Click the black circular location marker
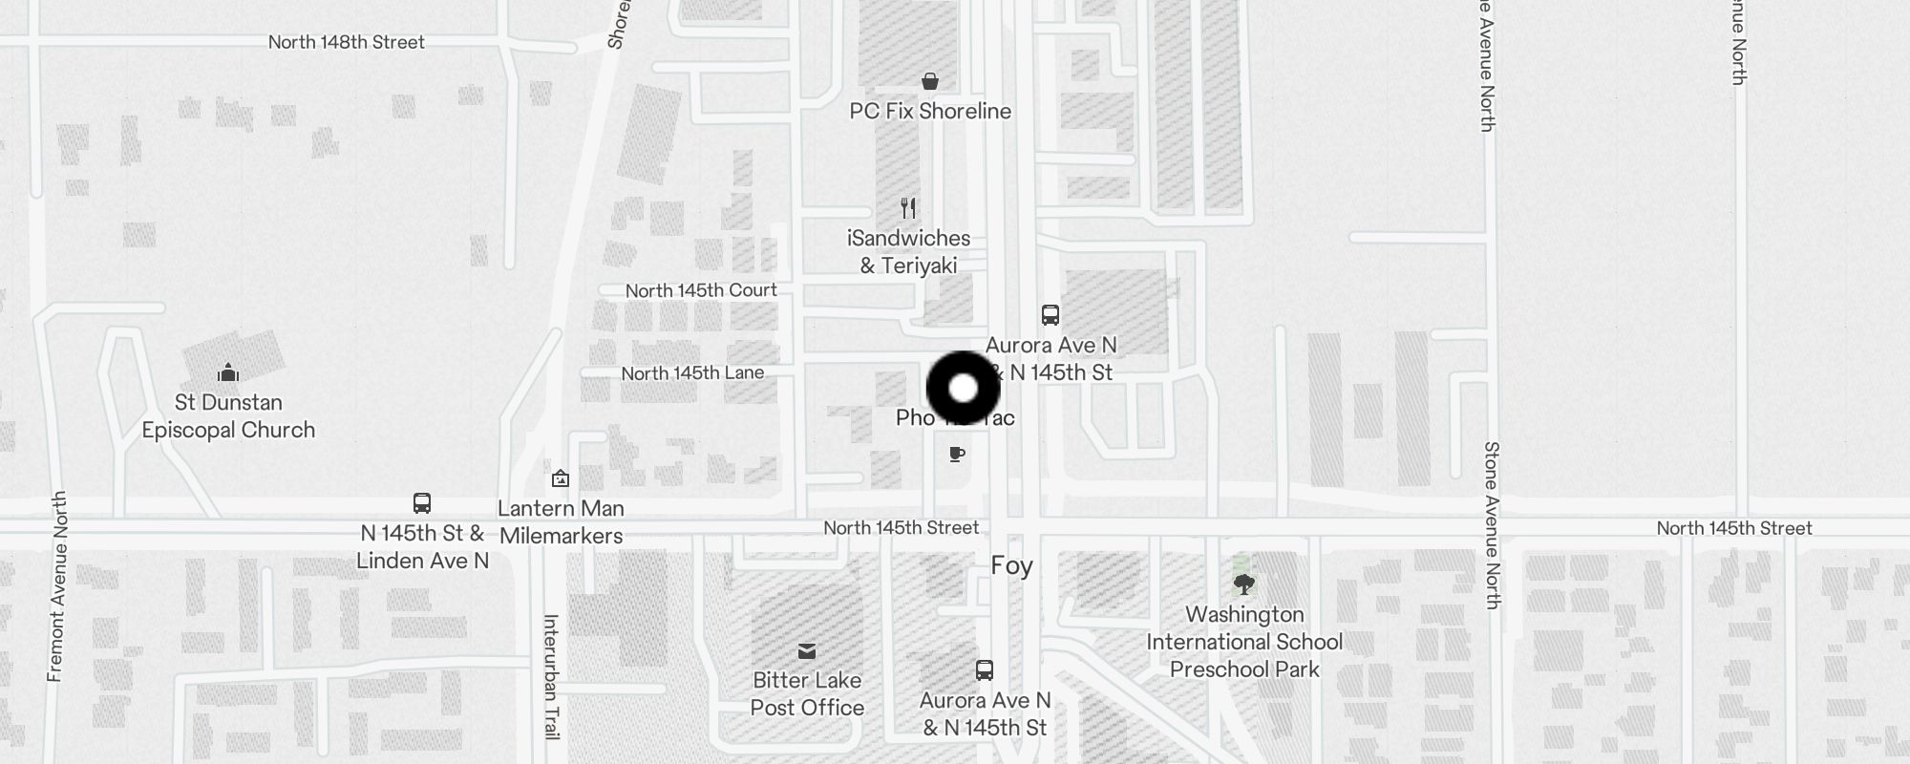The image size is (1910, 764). click(x=964, y=389)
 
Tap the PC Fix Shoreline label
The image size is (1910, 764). click(x=930, y=111)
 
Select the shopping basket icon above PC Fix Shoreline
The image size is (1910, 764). click(x=930, y=81)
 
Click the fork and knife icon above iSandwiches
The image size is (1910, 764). click(x=909, y=208)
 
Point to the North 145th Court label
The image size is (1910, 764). click(x=701, y=290)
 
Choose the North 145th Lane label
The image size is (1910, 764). click(x=692, y=373)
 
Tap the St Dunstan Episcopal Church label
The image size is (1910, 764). click(x=228, y=416)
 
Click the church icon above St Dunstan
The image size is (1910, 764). click(x=228, y=371)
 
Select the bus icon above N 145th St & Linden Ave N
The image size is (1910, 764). click(x=422, y=503)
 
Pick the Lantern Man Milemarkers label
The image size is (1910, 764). click(x=562, y=522)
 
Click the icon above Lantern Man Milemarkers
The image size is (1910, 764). click(x=561, y=478)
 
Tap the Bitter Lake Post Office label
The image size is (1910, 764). click(x=807, y=694)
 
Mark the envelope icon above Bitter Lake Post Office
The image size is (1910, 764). click(x=807, y=651)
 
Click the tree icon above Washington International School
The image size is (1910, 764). click(x=1243, y=584)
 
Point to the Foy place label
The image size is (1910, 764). click(x=1011, y=566)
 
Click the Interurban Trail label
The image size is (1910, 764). click(x=551, y=676)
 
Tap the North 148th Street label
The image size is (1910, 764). click(x=346, y=42)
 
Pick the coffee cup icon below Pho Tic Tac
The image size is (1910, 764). click(x=957, y=455)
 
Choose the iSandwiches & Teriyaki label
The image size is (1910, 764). click(x=908, y=252)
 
